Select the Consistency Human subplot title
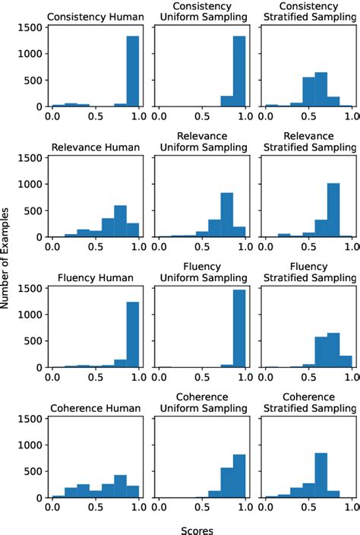[96, 17]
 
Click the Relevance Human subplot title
[96, 147]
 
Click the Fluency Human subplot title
[96, 277]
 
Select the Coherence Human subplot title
[96, 408]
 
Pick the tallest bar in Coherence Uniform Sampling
[239, 476]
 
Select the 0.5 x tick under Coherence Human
[96, 508]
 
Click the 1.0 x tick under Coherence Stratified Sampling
[351, 508]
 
